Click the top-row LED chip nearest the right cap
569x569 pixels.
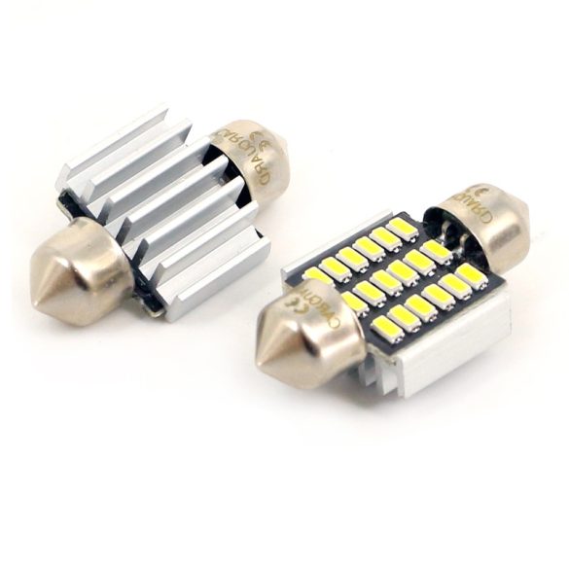[x=403, y=228]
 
